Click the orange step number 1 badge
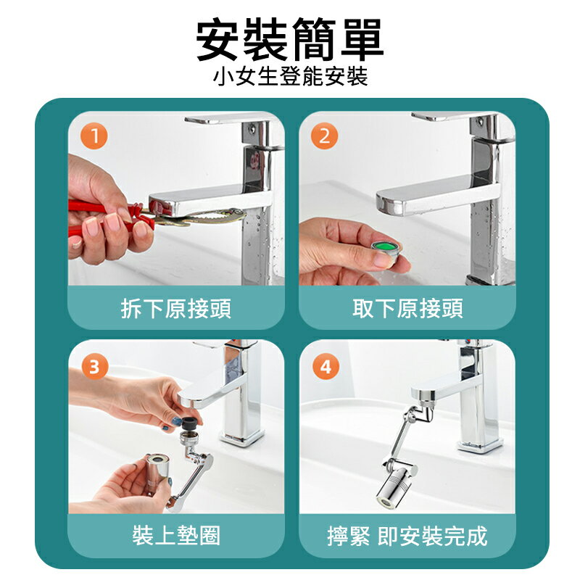(x=94, y=136)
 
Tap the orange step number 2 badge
(x=325, y=136)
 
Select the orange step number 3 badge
(x=94, y=367)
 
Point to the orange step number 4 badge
(x=325, y=367)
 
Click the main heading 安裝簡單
(x=290, y=41)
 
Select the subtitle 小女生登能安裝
(x=290, y=76)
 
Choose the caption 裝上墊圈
(x=176, y=536)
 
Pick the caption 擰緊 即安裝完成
(x=407, y=536)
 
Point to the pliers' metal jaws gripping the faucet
(x=210, y=215)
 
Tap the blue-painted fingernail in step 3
(x=176, y=420)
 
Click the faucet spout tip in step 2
(x=391, y=204)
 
